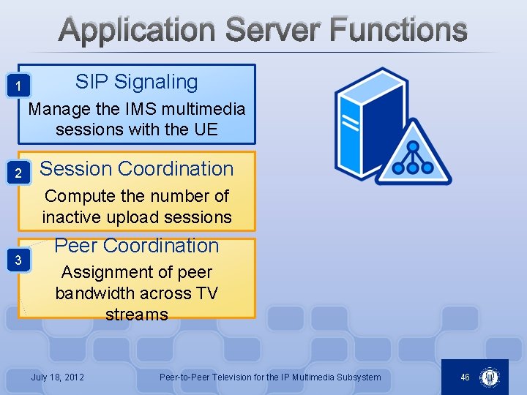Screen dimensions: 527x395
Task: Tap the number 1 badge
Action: click(23, 89)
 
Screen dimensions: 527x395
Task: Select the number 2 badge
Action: click(22, 173)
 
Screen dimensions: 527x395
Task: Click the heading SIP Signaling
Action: click(136, 82)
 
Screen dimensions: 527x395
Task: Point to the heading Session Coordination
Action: click(136, 168)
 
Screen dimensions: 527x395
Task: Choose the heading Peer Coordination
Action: click(137, 246)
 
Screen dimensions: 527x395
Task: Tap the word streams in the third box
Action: click(137, 315)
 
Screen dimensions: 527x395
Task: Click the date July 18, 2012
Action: click(57, 377)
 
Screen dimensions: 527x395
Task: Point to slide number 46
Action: click(465, 377)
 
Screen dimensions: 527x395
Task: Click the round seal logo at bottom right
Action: click(490, 377)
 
